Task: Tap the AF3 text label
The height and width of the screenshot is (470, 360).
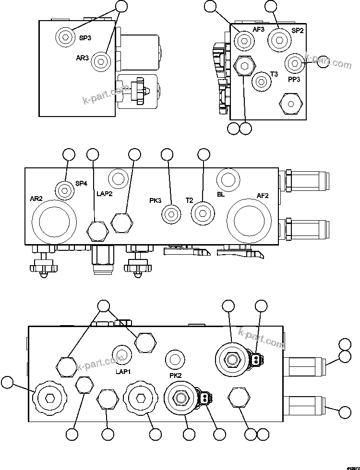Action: click(x=259, y=29)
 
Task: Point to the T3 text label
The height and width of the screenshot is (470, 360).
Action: click(x=274, y=74)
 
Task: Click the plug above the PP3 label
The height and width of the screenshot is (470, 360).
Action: click(x=293, y=62)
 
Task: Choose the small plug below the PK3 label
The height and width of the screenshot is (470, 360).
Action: click(x=170, y=213)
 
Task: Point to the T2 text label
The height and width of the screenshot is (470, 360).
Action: click(x=190, y=200)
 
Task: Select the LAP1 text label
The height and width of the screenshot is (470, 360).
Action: click(x=123, y=371)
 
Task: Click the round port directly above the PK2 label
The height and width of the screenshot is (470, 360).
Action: click(x=174, y=358)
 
